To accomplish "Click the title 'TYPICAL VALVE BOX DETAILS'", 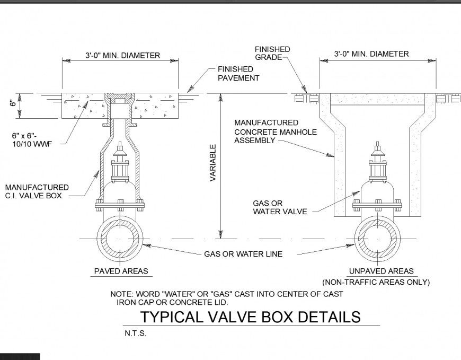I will (x=250, y=317).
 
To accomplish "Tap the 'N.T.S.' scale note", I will (x=135, y=334).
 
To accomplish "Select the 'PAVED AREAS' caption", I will (x=121, y=271).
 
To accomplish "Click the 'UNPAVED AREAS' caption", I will (x=380, y=271).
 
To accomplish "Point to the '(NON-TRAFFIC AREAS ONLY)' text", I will (x=376, y=282).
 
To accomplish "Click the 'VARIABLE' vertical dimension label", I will (x=213, y=163).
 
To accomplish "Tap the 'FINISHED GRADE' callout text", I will (x=272, y=54).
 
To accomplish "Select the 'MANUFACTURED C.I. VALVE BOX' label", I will (x=37, y=191).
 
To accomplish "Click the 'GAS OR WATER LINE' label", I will (x=243, y=254).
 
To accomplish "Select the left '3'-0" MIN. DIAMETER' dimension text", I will (x=122, y=55).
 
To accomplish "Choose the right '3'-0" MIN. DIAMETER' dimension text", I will (x=371, y=54).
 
